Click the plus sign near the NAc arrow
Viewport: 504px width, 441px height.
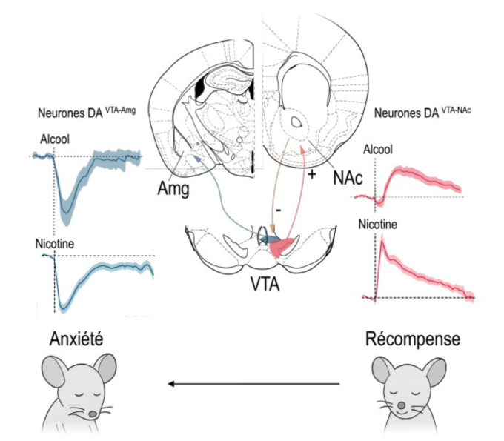point(311,175)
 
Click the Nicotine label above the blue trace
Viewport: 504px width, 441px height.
point(55,243)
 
